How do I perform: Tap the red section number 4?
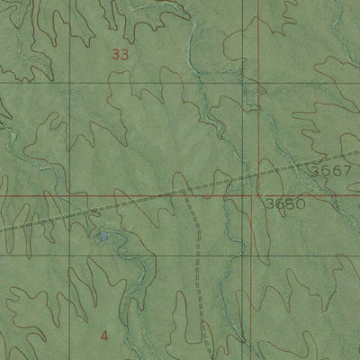pyautogui.click(x=105, y=336)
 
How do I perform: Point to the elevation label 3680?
pyautogui.click(x=286, y=203)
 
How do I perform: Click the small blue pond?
pyautogui.click(x=103, y=236)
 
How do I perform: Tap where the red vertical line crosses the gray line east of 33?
pyautogui.click(x=256, y=84)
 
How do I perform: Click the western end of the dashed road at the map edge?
pyautogui.click(x=1, y=229)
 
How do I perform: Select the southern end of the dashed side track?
pyautogui.click(x=212, y=358)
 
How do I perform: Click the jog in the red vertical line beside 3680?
pyautogui.click(x=251, y=193)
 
